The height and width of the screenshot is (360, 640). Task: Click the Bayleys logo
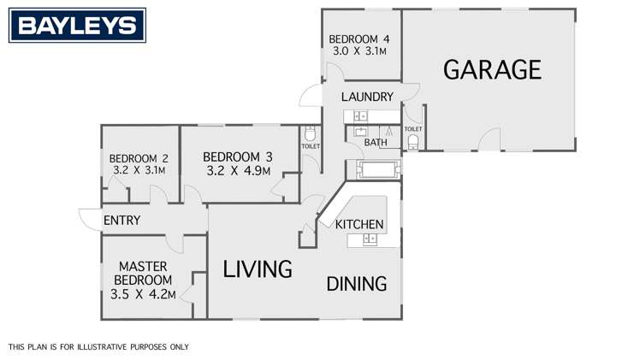77,26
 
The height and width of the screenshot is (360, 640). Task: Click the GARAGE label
492,69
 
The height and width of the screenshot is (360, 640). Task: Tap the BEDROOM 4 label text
359,38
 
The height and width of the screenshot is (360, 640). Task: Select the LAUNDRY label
367,97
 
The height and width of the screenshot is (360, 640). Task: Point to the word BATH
376,142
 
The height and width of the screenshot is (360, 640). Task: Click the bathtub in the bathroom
374,168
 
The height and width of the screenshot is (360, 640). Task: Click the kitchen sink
370,239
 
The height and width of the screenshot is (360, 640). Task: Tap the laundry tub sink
360,115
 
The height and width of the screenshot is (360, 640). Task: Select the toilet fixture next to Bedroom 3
310,133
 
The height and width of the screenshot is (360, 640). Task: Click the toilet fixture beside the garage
414,141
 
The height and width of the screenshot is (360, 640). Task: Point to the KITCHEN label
359,224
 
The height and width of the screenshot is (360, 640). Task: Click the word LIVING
258,269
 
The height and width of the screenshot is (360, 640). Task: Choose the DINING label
357,284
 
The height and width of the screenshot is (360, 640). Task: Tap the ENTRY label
121,221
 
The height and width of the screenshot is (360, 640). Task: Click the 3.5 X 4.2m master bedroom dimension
143,295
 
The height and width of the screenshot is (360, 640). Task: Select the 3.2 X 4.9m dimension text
238,170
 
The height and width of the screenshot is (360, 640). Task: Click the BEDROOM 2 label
138,158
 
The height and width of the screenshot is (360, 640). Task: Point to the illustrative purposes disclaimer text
98,347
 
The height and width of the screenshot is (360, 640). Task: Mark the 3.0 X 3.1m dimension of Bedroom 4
359,51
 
